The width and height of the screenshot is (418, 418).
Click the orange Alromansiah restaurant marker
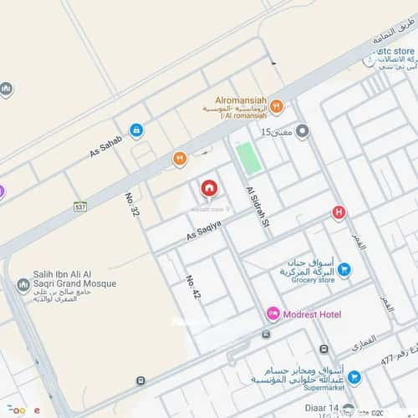point(276,107)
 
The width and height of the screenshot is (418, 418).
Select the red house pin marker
point(208,188)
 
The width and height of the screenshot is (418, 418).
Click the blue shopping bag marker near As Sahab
point(135,130)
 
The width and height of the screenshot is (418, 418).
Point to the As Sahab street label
point(106,146)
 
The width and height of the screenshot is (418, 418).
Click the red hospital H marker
point(339,212)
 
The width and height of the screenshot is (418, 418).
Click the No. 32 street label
point(132,206)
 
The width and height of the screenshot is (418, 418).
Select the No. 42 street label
point(194,288)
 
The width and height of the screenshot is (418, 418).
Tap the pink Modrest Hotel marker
point(273,313)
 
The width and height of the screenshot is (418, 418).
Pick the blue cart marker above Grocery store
point(344,269)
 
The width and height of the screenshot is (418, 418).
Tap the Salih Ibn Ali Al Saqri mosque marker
point(23,285)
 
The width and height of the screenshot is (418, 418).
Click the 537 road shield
point(80,206)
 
